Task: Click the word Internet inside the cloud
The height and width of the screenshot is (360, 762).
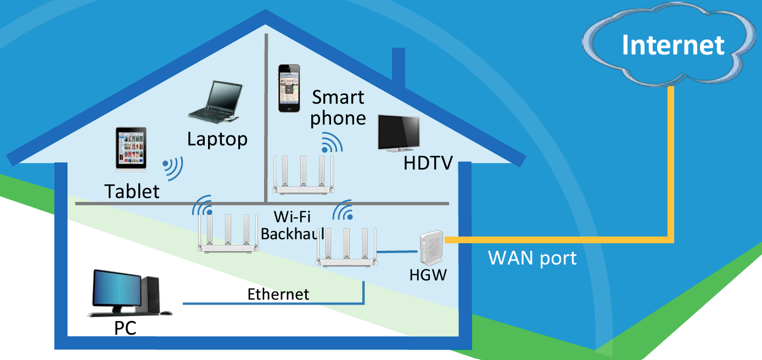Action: [673, 44]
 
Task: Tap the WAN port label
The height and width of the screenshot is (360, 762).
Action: [532, 258]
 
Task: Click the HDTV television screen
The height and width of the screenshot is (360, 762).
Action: [400, 131]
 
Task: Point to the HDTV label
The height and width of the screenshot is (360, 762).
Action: [428, 163]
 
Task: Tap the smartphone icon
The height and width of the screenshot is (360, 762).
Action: [289, 88]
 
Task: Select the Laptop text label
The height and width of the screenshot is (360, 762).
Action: [217, 139]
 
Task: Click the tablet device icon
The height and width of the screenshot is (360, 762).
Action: [132, 149]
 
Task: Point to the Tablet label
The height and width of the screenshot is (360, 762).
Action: [132, 191]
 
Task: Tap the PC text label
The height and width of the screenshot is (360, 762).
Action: [125, 328]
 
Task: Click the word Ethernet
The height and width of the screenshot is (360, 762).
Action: [278, 294]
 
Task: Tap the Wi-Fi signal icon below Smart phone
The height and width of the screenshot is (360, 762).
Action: [332, 143]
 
